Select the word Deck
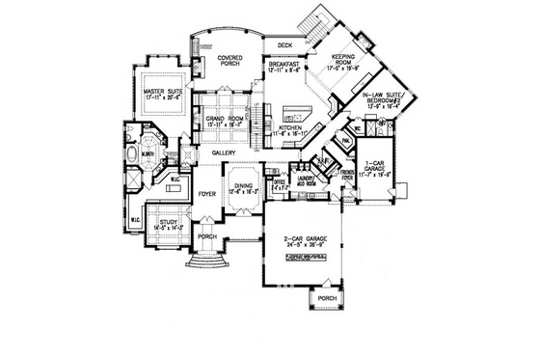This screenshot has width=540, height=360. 284,44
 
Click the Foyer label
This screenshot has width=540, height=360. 207,194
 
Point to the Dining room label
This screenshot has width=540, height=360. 243,189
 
